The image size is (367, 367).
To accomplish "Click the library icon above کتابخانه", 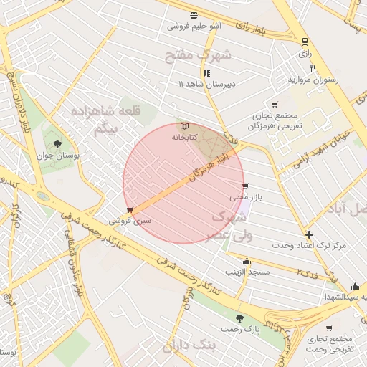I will pyautogui.click(x=185, y=125).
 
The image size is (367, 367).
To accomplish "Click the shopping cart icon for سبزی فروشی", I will pyautogui.click(x=129, y=210).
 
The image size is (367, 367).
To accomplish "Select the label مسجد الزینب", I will pyautogui.click(x=247, y=272).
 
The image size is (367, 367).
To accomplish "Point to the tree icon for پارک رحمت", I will pyautogui.click(x=239, y=318).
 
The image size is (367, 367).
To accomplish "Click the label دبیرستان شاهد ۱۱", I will pyautogui.click(x=206, y=84).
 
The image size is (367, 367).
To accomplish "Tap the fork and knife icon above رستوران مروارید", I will pyautogui.click(x=313, y=68).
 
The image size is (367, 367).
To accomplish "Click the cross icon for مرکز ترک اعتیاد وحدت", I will pyautogui.click(x=309, y=234).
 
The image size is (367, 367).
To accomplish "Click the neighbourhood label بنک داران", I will pyautogui.click(x=189, y=346).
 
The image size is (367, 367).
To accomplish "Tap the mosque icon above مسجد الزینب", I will pyautogui.click(x=247, y=262).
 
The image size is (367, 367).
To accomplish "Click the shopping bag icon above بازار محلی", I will pyautogui.click(x=246, y=186).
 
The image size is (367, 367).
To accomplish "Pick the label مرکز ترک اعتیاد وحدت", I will pyautogui.click(x=309, y=245).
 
